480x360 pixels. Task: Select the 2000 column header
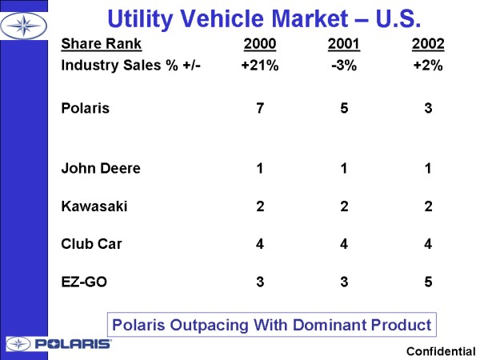point(260,44)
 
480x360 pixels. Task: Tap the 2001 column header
point(344,44)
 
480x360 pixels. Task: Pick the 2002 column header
point(428,44)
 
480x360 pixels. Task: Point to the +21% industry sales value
point(260,66)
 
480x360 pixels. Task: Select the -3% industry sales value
point(344,66)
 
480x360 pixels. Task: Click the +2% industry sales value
point(428,66)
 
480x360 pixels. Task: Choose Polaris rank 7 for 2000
point(260,108)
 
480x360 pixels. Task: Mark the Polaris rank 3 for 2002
point(428,108)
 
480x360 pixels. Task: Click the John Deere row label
point(101,169)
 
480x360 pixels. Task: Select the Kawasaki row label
point(94,206)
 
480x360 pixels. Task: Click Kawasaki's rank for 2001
point(344,206)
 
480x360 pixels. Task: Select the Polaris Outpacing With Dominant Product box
point(271,325)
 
